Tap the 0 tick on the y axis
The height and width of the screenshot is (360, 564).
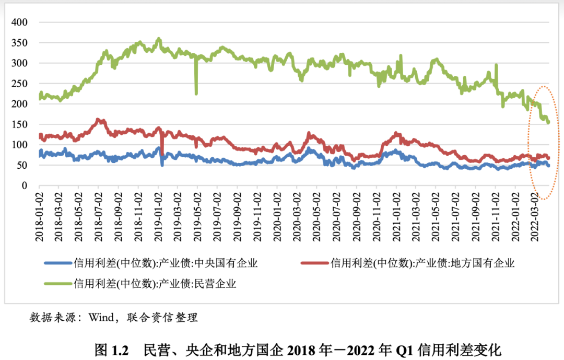24,185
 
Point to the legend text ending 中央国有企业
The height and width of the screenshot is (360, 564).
166,263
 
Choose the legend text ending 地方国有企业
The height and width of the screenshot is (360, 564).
423,263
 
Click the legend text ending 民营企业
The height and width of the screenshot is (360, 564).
156,284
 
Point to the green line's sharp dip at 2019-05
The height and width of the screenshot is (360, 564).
196,93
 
